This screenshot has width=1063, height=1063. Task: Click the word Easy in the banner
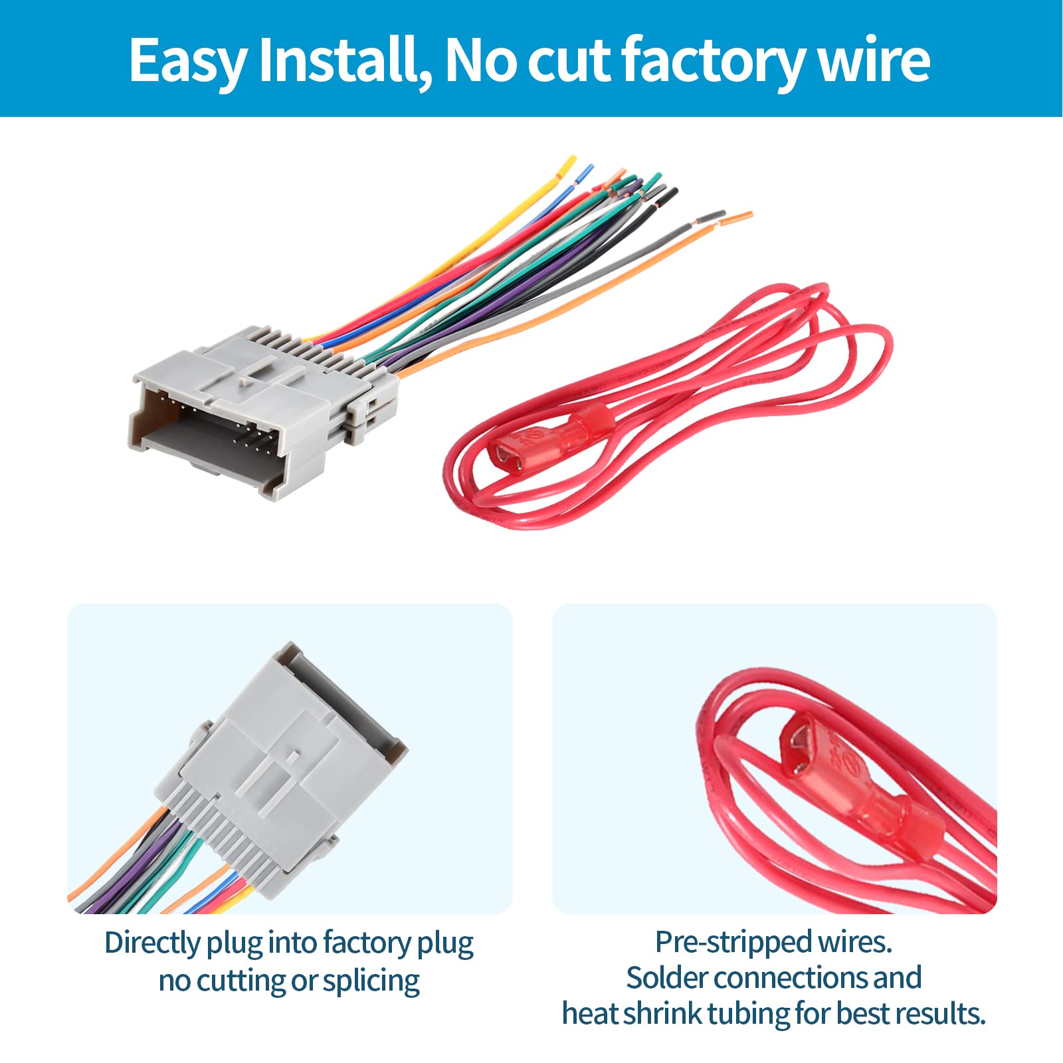point(187,61)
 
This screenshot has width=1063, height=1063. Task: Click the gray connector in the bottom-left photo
point(279,777)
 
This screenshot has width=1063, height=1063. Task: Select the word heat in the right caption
point(587,1015)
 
